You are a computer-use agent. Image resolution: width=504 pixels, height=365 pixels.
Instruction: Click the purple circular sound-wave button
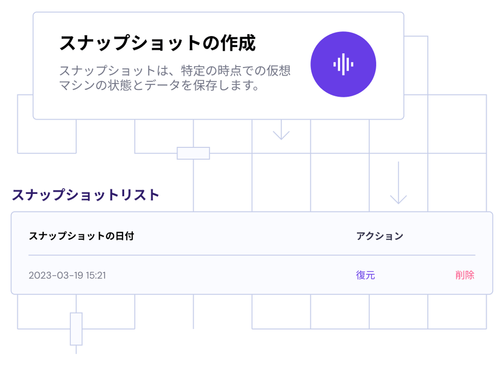click(x=343, y=64)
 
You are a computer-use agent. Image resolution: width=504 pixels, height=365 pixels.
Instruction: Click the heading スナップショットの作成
click(x=158, y=44)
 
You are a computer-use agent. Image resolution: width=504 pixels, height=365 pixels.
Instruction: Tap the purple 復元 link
click(x=366, y=275)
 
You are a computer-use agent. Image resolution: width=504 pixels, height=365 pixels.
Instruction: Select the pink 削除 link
click(x=464, y=275)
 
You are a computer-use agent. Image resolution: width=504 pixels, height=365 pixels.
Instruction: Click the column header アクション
click(x=379, y=236)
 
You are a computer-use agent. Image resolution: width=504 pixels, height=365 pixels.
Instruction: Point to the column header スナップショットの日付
click(x=81, y=236)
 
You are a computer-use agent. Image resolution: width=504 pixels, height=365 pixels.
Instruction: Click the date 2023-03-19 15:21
click(x=67, y=276)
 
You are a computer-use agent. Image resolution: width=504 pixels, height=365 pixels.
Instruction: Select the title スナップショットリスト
click(x=86, y=195)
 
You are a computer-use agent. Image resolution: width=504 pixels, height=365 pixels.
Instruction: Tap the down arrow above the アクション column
click(x=398, y=183)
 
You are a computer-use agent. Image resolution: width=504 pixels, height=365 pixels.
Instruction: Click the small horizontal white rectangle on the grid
click(x=193, y=154)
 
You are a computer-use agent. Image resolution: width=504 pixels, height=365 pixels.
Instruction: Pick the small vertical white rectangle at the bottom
click(x=76, y=328)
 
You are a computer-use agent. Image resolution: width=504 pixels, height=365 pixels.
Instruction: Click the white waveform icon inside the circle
click(x=343, y=64)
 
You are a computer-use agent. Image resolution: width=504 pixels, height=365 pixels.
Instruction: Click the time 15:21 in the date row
click(x=96, y=276)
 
